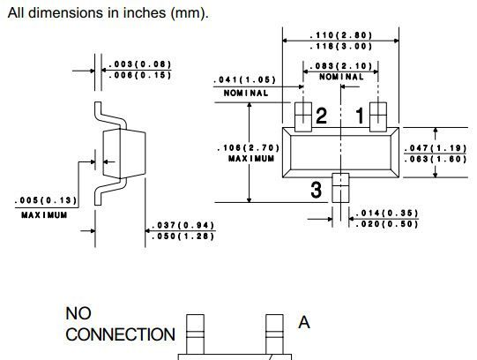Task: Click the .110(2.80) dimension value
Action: (340, 35)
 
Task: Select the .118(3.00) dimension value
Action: (340, 46)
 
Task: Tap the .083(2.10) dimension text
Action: (340, 66)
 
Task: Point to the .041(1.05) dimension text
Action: (244, 79)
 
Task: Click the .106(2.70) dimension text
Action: (249, 148)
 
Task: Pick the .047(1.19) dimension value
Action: (436, 148)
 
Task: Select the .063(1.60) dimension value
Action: (436, 159)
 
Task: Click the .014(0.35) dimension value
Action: (387, 213)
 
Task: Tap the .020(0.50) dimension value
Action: (387, 224)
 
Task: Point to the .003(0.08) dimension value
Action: (140, 64)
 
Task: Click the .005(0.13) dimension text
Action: (46, 200)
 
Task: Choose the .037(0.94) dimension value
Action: (183, 226)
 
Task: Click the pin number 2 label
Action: (322, 116)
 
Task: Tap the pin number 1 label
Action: (360, 116)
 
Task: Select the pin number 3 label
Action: (316, 190)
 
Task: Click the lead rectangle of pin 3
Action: (340, 188)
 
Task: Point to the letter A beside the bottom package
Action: (304, 322)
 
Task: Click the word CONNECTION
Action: (120, 334)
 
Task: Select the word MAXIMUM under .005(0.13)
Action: (44, 215)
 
